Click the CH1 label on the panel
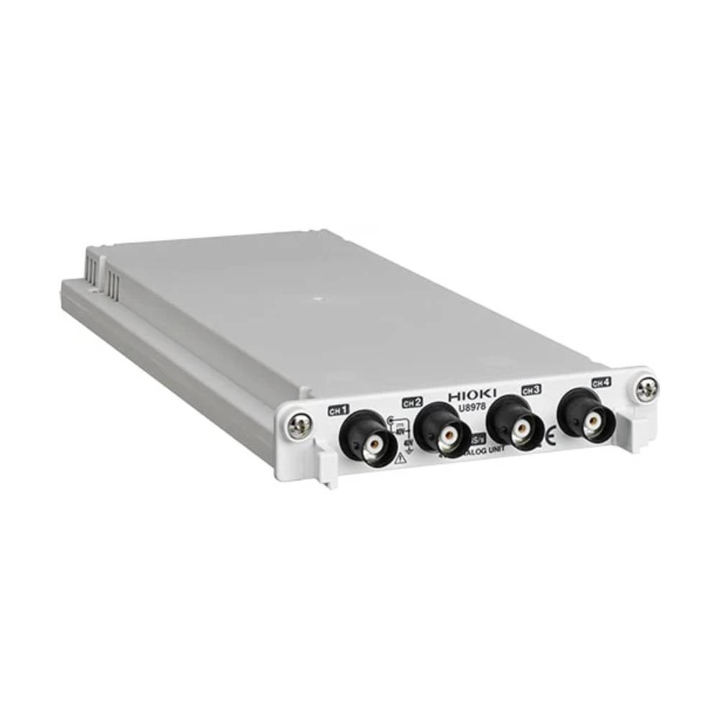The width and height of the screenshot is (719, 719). pyautogui.click(x=338, y=411)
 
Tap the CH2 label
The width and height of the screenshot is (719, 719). pyautogui.click(x=412, y=401)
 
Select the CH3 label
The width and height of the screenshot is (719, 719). pyautogui.click(x=531, y=390)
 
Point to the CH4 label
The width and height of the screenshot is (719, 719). pyautogui.click(x=601, y=383)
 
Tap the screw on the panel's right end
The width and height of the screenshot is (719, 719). pyautogui.click(x=646, y=389)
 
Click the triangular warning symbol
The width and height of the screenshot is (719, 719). pyautogui.click(x=400, y=457)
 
